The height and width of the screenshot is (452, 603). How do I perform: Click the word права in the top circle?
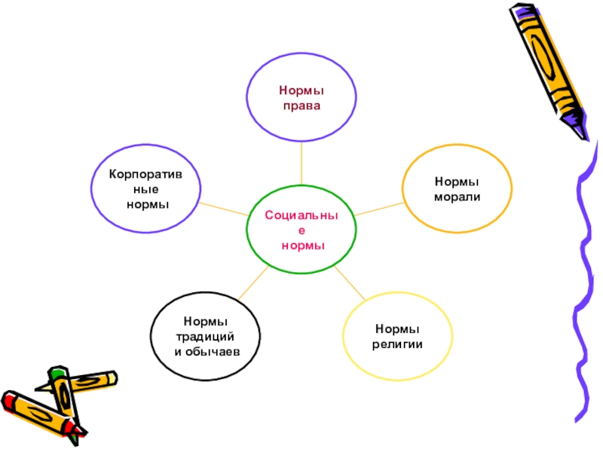(301, 106)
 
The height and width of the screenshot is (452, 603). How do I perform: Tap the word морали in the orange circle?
(457, 197)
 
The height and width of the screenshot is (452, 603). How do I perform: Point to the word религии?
(397, 344)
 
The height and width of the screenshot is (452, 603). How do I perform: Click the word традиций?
(206, 337)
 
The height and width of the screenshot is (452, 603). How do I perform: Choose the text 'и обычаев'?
(206, 351)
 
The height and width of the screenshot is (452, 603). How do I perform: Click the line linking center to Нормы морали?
(379, 209)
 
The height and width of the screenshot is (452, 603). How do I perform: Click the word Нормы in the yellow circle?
(397, 329)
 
